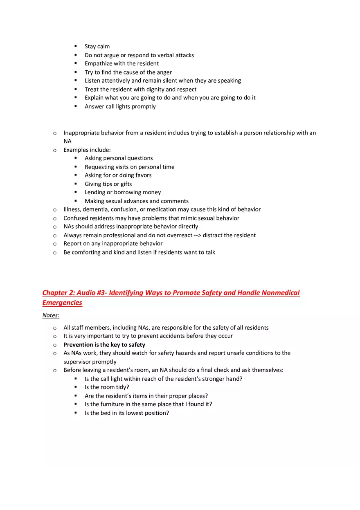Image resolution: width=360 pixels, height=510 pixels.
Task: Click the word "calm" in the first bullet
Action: [x=103, y=47]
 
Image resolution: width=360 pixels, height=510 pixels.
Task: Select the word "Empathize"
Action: [x=98, y=64]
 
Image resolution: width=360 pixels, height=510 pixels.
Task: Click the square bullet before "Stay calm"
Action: [x=76, y=46]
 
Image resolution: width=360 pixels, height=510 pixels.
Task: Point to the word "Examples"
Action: [x=76, y=150]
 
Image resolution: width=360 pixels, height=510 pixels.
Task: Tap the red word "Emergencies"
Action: [x=62, y=303]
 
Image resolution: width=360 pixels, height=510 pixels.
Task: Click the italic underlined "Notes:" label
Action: [x=51, y=315]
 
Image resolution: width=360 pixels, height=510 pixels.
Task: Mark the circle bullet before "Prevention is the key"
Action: [x=55, y=345]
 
